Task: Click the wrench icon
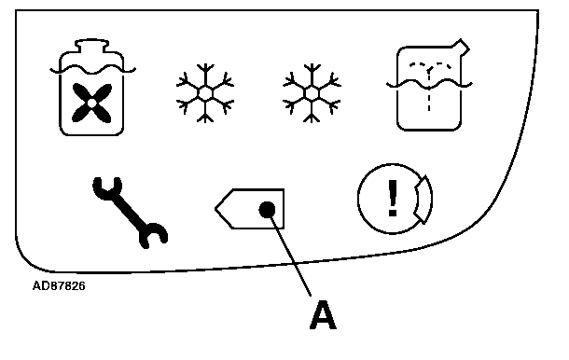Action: click(x=130, y=212)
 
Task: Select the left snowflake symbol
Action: click(x=205, y=93)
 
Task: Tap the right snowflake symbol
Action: click(x=312, y=93)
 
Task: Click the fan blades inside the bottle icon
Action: click(x=91, y=104)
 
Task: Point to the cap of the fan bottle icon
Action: click(x=91, y=46)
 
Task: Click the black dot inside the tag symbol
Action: click(x=267, y=210)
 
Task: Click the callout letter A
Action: click(x=323, y=314)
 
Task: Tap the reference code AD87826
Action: click(x=59, y=286)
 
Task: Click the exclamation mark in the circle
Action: click(x=393, y=198)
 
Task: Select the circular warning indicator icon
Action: click(x=395, y=199)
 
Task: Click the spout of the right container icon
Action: click(x=461, y=48)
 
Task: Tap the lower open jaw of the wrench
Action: click(x=153, y=236)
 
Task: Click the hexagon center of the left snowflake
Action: click(x=205, y=93)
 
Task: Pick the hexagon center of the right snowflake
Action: click(x=312, y=93)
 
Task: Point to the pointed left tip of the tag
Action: click(x=215, y=209)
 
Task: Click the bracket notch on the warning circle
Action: click(x=421, y=199)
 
